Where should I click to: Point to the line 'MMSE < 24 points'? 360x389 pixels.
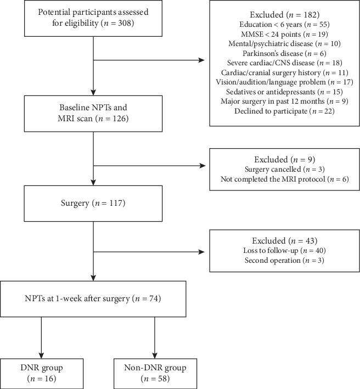click(x=284, y=35)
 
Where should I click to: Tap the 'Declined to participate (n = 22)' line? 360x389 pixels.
click(x=284, y=112)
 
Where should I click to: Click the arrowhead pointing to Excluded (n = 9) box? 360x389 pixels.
click(x=205, y=164)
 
